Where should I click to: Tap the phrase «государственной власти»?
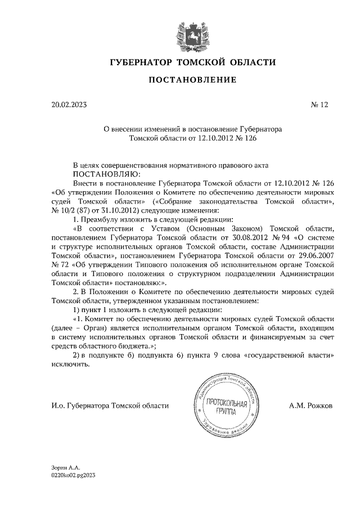coord(293,356)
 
